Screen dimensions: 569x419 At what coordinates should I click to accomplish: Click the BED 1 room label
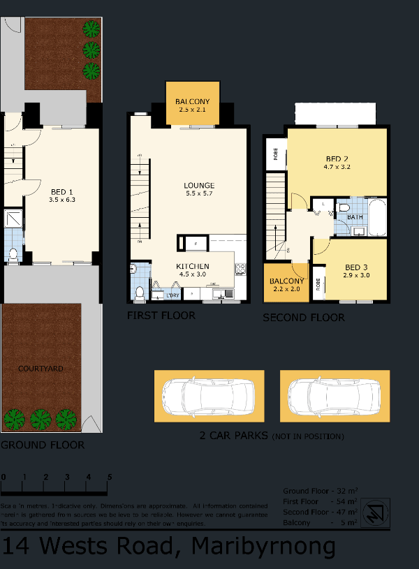click(61, 191)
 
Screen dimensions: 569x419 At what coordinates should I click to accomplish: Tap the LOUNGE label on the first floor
click(199, 185)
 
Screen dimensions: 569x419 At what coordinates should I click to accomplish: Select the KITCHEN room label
click(193, 267)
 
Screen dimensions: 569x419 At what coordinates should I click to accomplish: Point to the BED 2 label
click(337, 158)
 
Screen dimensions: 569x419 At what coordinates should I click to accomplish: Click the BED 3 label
click(356, 267)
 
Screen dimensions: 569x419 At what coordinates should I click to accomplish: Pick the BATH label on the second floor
click(355, 217)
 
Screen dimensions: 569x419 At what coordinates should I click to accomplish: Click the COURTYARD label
click(41, 369)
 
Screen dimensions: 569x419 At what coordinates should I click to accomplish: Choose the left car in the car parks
click(209, 396)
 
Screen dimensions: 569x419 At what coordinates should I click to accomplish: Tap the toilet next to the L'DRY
click(140, 292)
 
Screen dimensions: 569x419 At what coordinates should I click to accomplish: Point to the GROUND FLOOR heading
click(43, 445)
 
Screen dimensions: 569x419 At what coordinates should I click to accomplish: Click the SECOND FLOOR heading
click(303, 318)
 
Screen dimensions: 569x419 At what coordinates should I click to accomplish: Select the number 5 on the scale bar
click(109, 477)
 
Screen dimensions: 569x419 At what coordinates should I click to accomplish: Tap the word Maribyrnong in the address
click(263, 546)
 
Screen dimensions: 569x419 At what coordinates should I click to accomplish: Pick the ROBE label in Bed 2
click(275, 154)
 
